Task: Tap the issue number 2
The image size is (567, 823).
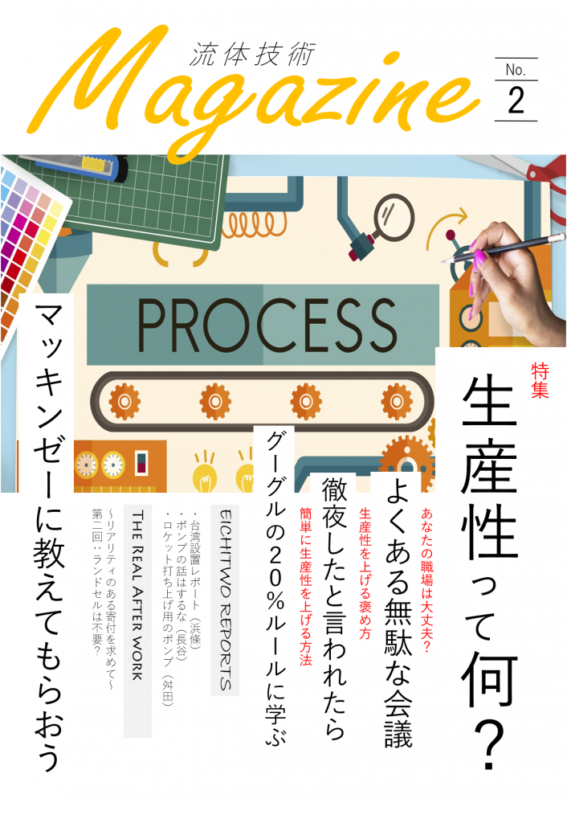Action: coord(516,100)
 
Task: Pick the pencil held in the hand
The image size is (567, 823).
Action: coord(503,249)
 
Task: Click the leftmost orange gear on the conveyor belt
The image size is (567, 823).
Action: coord(124,402)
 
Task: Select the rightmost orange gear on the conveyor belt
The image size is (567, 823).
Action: coord(397,402)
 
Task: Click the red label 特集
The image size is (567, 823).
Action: coord(540,380)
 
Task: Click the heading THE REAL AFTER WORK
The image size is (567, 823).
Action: coord(137,596)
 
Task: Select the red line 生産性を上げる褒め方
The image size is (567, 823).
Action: coord(365,573)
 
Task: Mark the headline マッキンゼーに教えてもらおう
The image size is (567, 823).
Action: coord(49,536)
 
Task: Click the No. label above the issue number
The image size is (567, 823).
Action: coord(516,69)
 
